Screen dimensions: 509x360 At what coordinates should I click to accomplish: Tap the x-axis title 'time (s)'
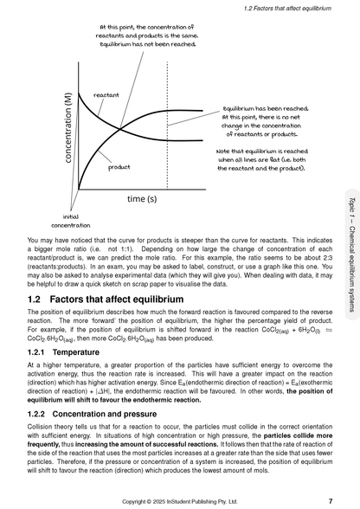point(142,198)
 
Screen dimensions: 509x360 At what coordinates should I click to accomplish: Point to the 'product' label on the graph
point(119,167)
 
